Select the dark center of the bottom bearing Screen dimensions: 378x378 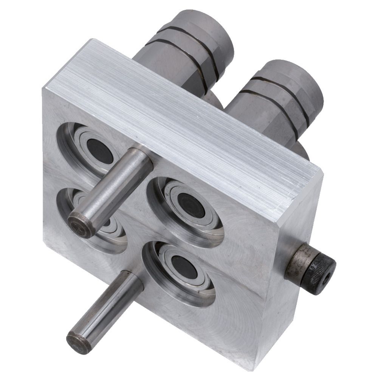click(x=184, y=267)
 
